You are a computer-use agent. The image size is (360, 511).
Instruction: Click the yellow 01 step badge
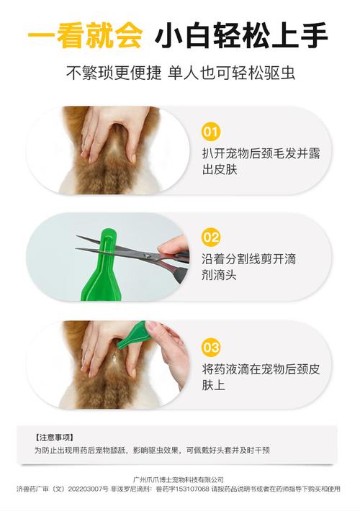pos(210,132)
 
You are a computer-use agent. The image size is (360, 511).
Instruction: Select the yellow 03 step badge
pos(210,348)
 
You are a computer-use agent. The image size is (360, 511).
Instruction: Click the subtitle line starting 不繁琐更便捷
pos(180,73)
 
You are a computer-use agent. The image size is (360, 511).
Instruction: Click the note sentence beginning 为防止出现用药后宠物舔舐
pos(151,450)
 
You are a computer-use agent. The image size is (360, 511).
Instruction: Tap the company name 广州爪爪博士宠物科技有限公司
pos(179,479)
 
